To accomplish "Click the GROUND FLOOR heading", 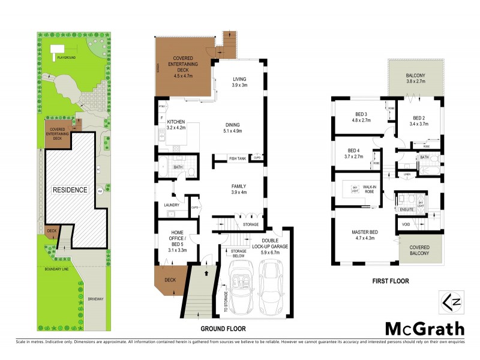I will tap(223, 329).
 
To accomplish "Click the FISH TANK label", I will tap(238, 158).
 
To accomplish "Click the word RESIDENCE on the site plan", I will tap(70, 190).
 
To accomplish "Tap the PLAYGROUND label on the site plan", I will tap(65, 58).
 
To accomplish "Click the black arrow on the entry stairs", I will tap(208, 272).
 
